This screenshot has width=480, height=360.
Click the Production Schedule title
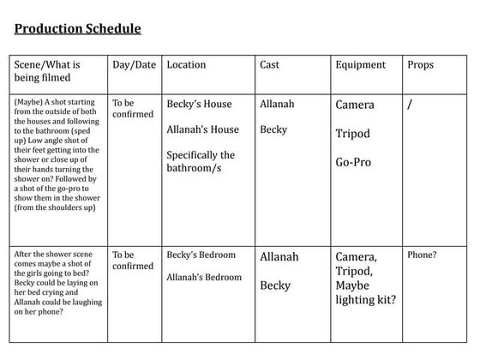pyautogui.click(x=77, y=29)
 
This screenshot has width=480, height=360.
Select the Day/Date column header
pyautogui.click(x=135, y=65)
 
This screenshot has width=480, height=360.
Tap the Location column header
pyautogui.click(x=186, y=65)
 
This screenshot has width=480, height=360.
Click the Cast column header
pyautogui.click(x=269, y=65)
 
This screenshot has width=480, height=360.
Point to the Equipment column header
pyautogui.click(x=360, y=65)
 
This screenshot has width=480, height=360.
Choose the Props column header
pyautogui.click(x=420, y=65)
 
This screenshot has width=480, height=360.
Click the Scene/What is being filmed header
pyautogui.click(x=47, y=71)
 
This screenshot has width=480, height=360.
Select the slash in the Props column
pyautogui.click(x=411, y=105)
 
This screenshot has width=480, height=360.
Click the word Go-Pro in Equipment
pyautogui.click(x=353, y=162)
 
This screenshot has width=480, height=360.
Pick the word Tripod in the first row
pyautogui.click(x=353, y=134)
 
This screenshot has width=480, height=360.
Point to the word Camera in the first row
pyautogui.click(x=355, y=105)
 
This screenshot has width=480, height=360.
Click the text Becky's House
pyautogui.click(x=199, y=105)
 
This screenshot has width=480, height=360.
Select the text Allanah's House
pyautogui.click(x=202, y=130)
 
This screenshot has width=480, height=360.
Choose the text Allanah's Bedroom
pyautogui.click(x=204, y=277)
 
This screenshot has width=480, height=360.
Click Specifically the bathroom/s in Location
pyautogui.click(x=201, y=161)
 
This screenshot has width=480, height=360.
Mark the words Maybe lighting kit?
pyautogui.click(x=365, y=292)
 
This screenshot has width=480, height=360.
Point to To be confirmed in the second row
pyautogui.click(x=133, y=261)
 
